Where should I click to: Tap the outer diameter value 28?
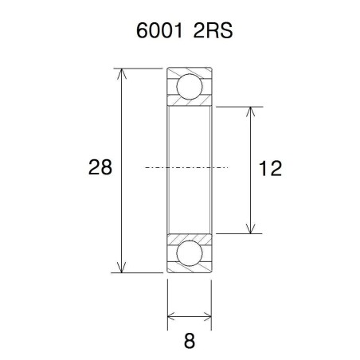[100, 168]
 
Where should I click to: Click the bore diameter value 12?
[272, 168]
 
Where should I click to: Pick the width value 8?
[190, 341]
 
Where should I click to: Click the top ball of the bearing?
[190, 84]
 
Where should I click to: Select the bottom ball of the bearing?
[190, 253]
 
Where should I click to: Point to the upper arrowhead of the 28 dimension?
[122, 73]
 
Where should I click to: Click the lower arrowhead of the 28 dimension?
[122, 268]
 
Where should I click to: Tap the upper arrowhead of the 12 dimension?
[252, 112]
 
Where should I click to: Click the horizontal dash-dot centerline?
[187, 168]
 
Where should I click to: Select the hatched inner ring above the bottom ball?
[190, 237]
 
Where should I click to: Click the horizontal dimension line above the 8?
[190, 319]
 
